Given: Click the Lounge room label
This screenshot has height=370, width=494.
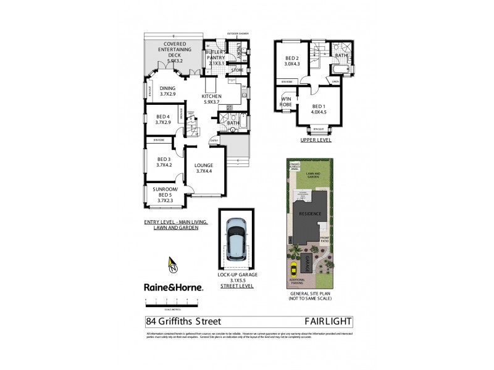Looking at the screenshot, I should [204, 168].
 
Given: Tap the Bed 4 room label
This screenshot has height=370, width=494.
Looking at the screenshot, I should [163, 120].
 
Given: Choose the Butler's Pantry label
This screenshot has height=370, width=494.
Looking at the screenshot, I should [219, 58].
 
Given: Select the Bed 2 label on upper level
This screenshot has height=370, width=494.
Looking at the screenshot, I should [292, 60].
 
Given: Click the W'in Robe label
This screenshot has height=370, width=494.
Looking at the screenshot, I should [287, 102].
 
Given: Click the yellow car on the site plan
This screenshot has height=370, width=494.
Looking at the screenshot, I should [293, 268].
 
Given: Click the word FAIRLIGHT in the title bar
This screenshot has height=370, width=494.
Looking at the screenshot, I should [328, 321].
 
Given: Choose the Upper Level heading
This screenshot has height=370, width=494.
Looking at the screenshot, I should [316, 140].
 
